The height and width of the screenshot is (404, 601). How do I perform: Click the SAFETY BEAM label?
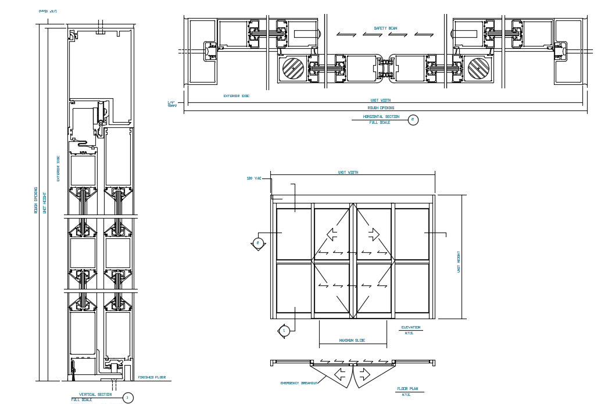click(x=385, y=28)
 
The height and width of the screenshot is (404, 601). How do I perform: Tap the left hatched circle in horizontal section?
click(x=293, y=69)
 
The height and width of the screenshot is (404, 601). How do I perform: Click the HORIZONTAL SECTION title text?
click(x=381, y=117)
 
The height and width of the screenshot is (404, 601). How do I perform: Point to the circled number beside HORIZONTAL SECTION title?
click(x=413, y=120)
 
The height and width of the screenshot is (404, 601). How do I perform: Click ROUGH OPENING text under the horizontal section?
click(x=381, y=108)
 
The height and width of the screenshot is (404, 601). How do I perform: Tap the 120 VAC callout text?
click(x=254, y=178)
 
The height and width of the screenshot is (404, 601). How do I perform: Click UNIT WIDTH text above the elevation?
click(x=348, y=173)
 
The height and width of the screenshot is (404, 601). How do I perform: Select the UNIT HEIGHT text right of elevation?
click(x=458, y=262)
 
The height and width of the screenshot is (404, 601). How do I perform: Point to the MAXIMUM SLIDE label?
click(x=352, y=341)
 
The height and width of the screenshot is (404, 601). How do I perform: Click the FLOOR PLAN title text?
click(x=407, y=389)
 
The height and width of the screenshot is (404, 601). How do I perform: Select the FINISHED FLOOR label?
click(x=152, y=377)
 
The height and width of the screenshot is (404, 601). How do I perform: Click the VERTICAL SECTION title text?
click(x=95, y=395)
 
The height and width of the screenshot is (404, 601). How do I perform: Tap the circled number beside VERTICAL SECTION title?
click(x=128, y=398)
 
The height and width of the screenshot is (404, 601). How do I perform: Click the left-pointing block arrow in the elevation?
click(x=332, y=234)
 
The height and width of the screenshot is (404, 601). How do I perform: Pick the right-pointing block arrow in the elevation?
click(x=373, y=234)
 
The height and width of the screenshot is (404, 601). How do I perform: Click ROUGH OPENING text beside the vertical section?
click(x=36, y=200)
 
